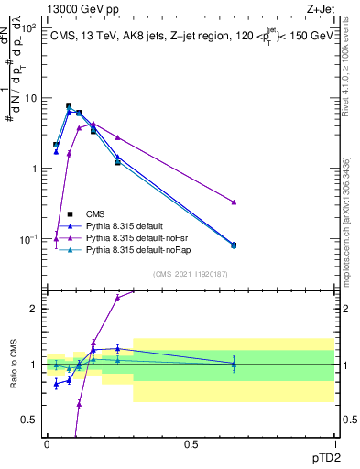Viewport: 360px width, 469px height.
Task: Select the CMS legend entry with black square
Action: (107, 213)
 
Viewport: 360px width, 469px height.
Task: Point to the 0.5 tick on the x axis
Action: (191, 443)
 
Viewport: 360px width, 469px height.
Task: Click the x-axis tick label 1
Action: (334, 443)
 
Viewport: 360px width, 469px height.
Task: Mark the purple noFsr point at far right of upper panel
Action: (234, 202)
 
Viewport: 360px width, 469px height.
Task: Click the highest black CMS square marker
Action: (69, 106)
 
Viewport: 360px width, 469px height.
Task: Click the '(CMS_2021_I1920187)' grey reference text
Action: (190, 273)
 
